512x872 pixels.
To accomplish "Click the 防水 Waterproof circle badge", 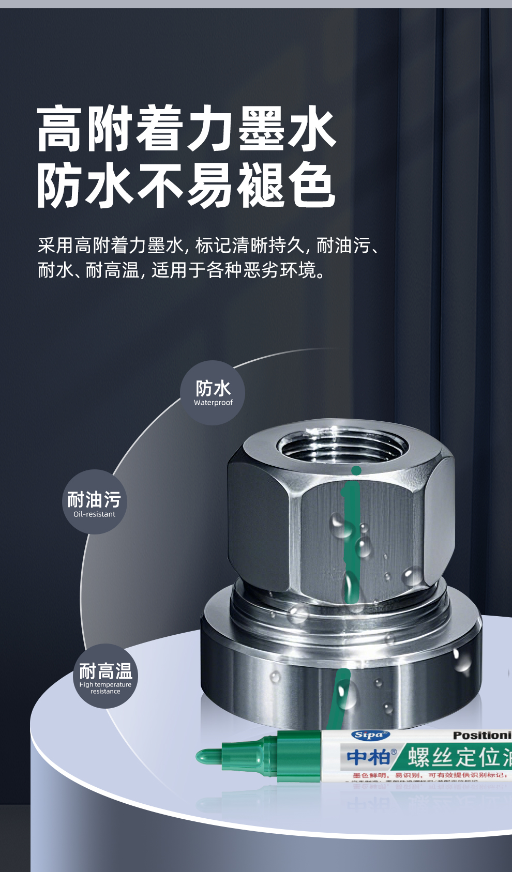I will [213, 393].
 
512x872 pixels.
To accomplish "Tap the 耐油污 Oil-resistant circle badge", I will [95, 502].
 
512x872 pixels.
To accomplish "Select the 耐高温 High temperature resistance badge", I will [106, 676].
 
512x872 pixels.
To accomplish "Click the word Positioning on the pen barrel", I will [481, 735].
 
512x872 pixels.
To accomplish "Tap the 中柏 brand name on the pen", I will [368, 757].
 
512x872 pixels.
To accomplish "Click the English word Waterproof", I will [213, 403].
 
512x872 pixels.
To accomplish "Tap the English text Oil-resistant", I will [94, 514].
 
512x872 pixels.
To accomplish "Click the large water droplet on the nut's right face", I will [412, 576].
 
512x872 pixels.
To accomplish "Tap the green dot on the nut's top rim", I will [356, 470].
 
